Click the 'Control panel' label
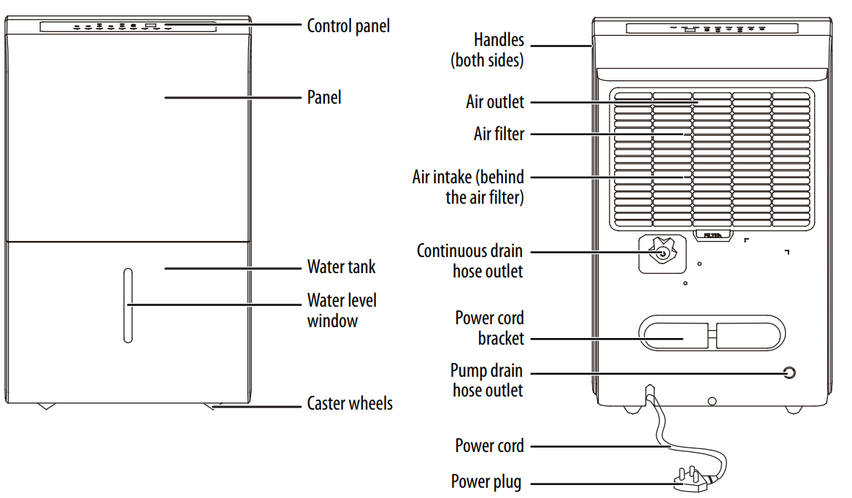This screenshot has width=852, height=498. [x=348, y=26]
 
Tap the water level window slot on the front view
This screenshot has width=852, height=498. [x=128, y=305]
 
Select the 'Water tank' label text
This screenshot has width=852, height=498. [x=341, y=267]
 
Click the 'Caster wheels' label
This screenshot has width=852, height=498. [x=350, y=404]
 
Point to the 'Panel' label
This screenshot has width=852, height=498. [x=324, y=97]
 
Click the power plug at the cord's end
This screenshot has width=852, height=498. [x=691, y=483]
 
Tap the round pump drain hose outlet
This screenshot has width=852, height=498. [x=788, y=373]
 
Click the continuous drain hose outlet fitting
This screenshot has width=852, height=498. [x=661, y=253]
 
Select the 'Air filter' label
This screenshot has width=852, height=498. [x=499, y=134]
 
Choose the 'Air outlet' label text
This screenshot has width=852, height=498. [x=495, y=101]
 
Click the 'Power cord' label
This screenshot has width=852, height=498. [x=489, y=445]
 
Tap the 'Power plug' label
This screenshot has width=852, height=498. [x=486, y=482]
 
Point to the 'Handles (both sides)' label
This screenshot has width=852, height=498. [x=487, y=50]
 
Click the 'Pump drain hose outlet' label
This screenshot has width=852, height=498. [x=486, y=380]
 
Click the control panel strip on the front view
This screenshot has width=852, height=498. [x=127, y=26]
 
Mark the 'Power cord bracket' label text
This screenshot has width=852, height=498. [x=489, y=328]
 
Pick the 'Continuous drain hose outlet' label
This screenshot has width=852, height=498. [x=469, y=261]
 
